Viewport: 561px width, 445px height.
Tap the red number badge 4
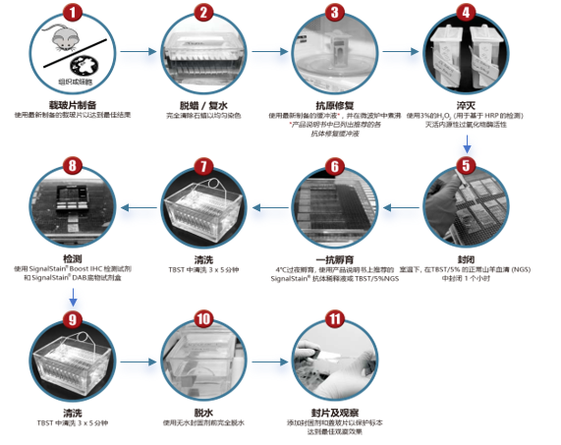[467, 14]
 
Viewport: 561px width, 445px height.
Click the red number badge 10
[203, 318]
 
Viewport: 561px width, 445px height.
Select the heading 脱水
[203, 411]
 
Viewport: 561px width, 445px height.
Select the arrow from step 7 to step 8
[138, 207]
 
